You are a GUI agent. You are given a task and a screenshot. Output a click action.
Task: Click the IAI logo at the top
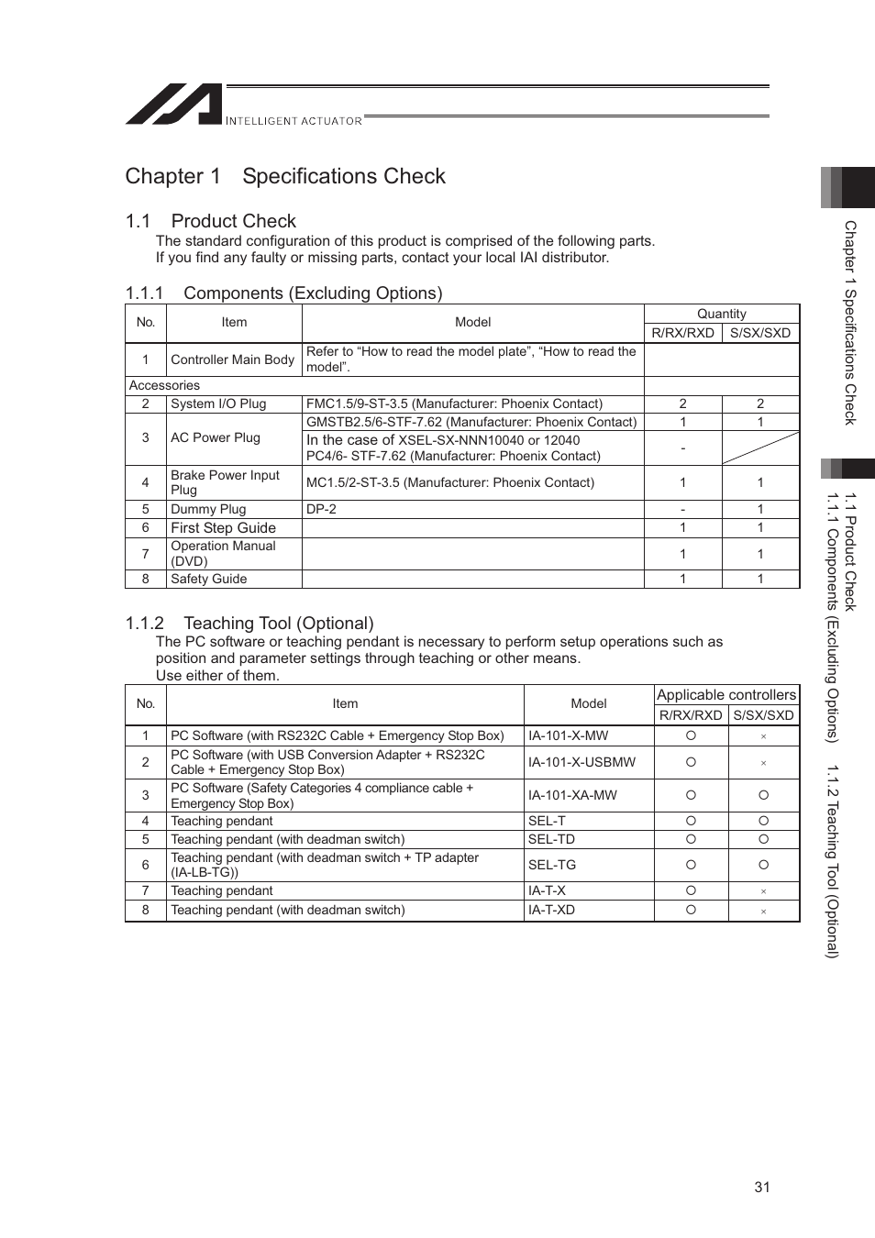174,105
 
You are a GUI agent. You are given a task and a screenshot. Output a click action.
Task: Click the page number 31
761,1187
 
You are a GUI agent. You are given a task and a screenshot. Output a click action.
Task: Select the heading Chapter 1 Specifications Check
285,176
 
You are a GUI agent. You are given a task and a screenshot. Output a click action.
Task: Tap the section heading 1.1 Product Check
211,221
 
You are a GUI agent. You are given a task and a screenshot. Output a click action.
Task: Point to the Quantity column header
721,314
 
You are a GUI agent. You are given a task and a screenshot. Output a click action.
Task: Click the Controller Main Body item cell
233,359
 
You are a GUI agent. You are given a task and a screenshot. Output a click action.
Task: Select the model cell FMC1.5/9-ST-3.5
455,403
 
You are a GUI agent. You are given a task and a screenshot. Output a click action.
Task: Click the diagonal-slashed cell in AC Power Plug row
760,448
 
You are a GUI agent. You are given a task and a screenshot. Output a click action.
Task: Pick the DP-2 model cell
322,509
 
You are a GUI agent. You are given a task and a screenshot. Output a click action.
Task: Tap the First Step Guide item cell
224,527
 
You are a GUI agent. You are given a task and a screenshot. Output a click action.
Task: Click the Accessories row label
165,385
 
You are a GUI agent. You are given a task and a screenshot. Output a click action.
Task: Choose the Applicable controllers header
725,695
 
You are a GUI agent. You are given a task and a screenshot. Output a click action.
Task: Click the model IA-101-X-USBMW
581,762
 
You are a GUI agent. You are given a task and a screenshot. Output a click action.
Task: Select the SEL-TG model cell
552,865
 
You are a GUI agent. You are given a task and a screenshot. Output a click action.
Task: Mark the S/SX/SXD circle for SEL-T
763,821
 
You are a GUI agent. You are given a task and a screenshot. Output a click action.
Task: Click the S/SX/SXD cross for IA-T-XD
763,911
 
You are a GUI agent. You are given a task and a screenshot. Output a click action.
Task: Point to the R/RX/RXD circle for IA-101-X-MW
691,735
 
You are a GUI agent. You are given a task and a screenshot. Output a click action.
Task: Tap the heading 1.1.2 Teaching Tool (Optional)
249,624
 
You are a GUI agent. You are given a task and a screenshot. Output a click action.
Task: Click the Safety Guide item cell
209,579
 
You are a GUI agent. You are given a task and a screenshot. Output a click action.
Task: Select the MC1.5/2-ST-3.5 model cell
450,482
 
